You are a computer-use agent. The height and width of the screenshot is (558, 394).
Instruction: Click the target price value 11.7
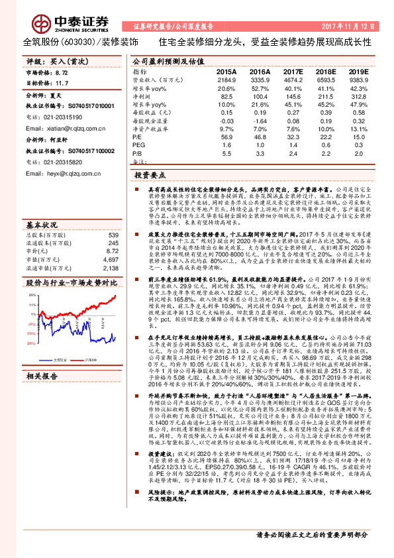click(62, 83)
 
